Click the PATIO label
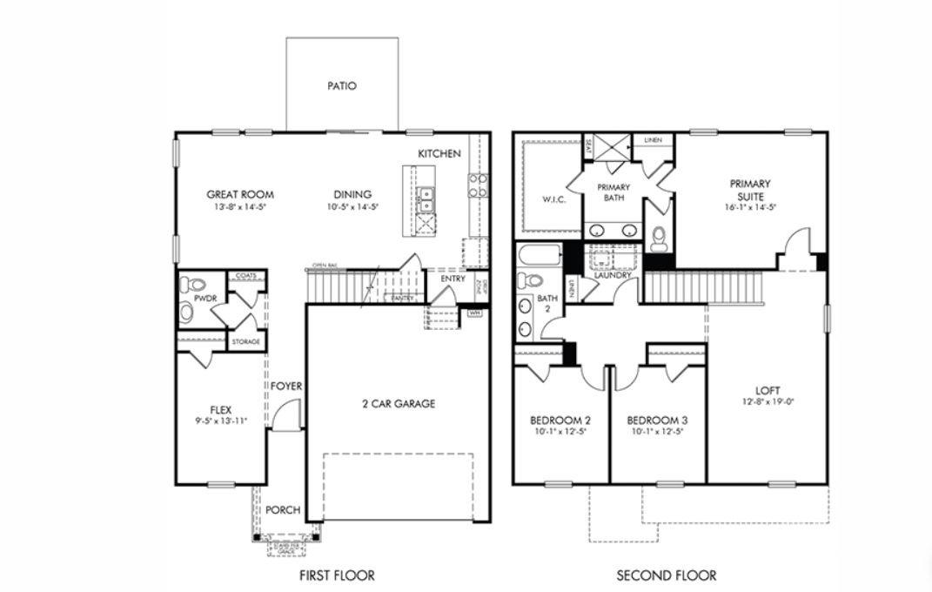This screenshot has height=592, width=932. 342,86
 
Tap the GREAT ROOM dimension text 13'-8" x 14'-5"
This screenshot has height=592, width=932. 240,208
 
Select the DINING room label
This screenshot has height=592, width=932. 352,195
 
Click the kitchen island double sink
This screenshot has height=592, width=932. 425,199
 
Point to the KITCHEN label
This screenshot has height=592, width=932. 439,154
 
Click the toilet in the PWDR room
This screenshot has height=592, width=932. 196,285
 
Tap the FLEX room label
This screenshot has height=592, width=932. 221,410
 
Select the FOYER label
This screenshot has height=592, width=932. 285,386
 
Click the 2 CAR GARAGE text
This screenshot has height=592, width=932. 399,404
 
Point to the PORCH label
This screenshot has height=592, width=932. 283,510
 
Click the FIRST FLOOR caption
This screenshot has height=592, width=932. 337,575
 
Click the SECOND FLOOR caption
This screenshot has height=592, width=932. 667,575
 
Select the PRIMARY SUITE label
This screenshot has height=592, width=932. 749,190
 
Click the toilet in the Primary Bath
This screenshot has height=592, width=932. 659,237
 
